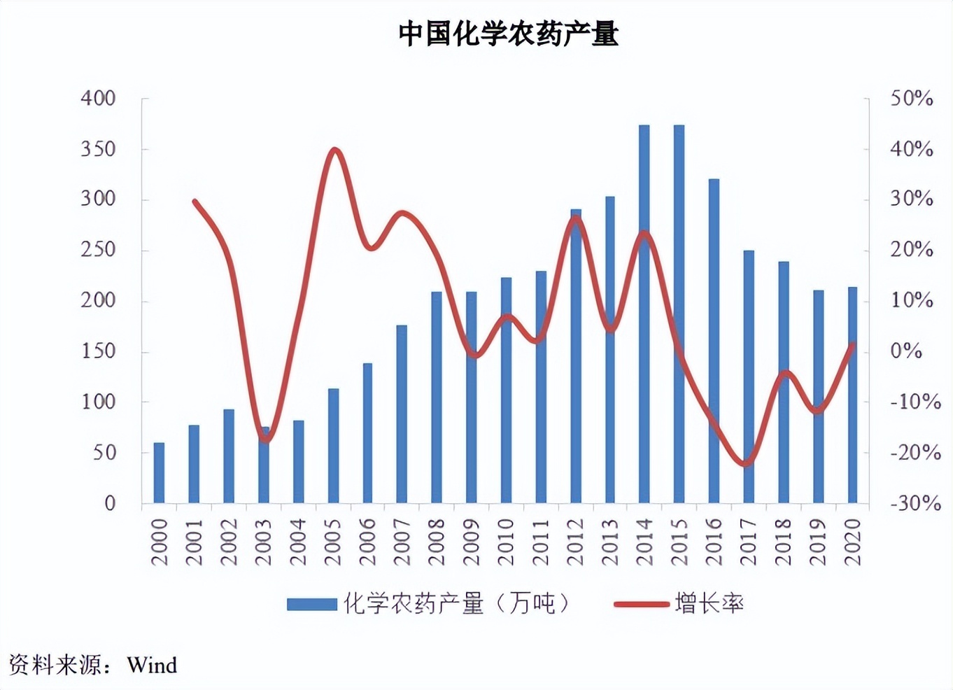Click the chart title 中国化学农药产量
(x=509, y=34)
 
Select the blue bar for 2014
(x=644, y=315)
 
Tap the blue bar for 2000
(x=159, y=473)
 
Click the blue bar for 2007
(x=402, y=414)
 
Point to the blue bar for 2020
(x=852, y=395)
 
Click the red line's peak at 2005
(x=334, y=150)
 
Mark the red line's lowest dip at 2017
(x=747, y=463)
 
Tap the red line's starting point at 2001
(x=195, y=202)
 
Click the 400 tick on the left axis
(x=98, y=98)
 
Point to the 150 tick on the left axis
(x=98, y=351)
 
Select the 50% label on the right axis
(x=911, y=99)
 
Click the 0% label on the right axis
(x=906, y=351)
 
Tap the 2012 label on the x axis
(x=575, y=542)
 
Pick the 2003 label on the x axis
(x=263, y=542)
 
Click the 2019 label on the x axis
(x=818, y=542)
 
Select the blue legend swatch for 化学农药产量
(x=312, y=604)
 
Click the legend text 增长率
(x=709, y=603)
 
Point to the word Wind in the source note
(x=152, y=665)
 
